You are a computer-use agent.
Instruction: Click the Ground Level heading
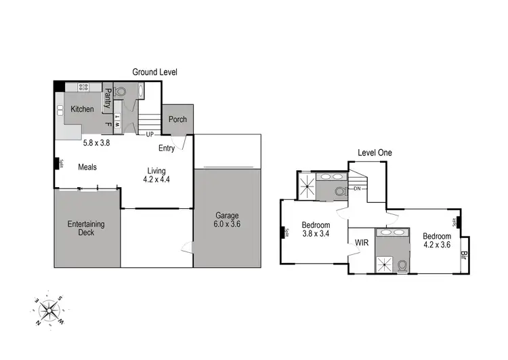click(x=154, y=72)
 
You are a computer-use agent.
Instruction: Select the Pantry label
click(x=107, y=100)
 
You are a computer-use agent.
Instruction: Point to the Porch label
click(x=177, y=119)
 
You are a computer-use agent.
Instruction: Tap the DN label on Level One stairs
click(x=357, y=188)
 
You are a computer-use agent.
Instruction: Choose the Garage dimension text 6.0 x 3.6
click(x=226, y=224)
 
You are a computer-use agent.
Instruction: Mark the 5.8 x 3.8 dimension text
click(x=96, y=143)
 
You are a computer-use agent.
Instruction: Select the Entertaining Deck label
click(x=85, y=228)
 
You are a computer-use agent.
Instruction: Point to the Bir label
click(x=464, y=256)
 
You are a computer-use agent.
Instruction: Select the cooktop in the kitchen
click(x=85, y=87)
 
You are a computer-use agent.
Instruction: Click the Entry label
click(x=167, y=148)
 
